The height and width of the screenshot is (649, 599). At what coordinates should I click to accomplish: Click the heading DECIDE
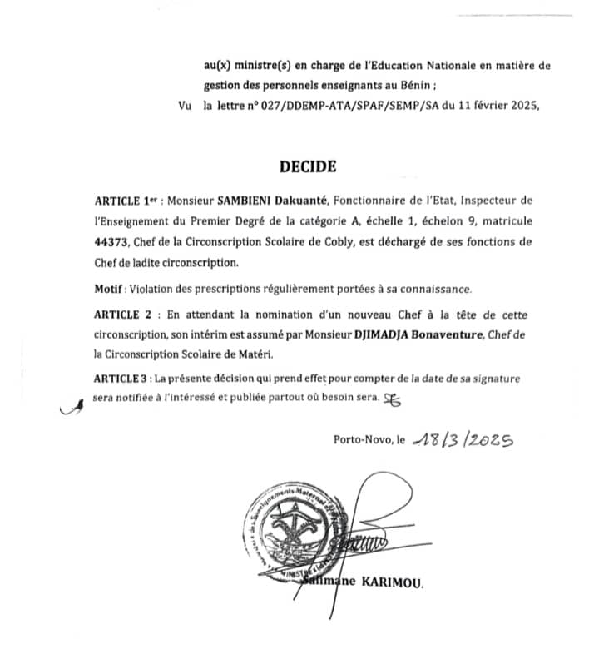point(309,166)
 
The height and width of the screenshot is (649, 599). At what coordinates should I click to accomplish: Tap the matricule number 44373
point(112,242)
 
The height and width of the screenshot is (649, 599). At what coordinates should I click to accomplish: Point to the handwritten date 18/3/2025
point(459,440)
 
